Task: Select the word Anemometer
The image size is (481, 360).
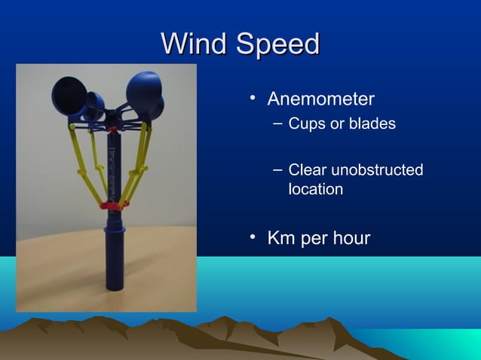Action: pos(320,99)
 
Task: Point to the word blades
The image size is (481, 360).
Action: pos(372,124)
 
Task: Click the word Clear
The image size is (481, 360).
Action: pos(308,171)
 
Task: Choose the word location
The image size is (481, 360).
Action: pos(315,189)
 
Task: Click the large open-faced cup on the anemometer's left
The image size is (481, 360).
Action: pos(69,97)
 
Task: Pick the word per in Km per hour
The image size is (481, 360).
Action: pos(314,239)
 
